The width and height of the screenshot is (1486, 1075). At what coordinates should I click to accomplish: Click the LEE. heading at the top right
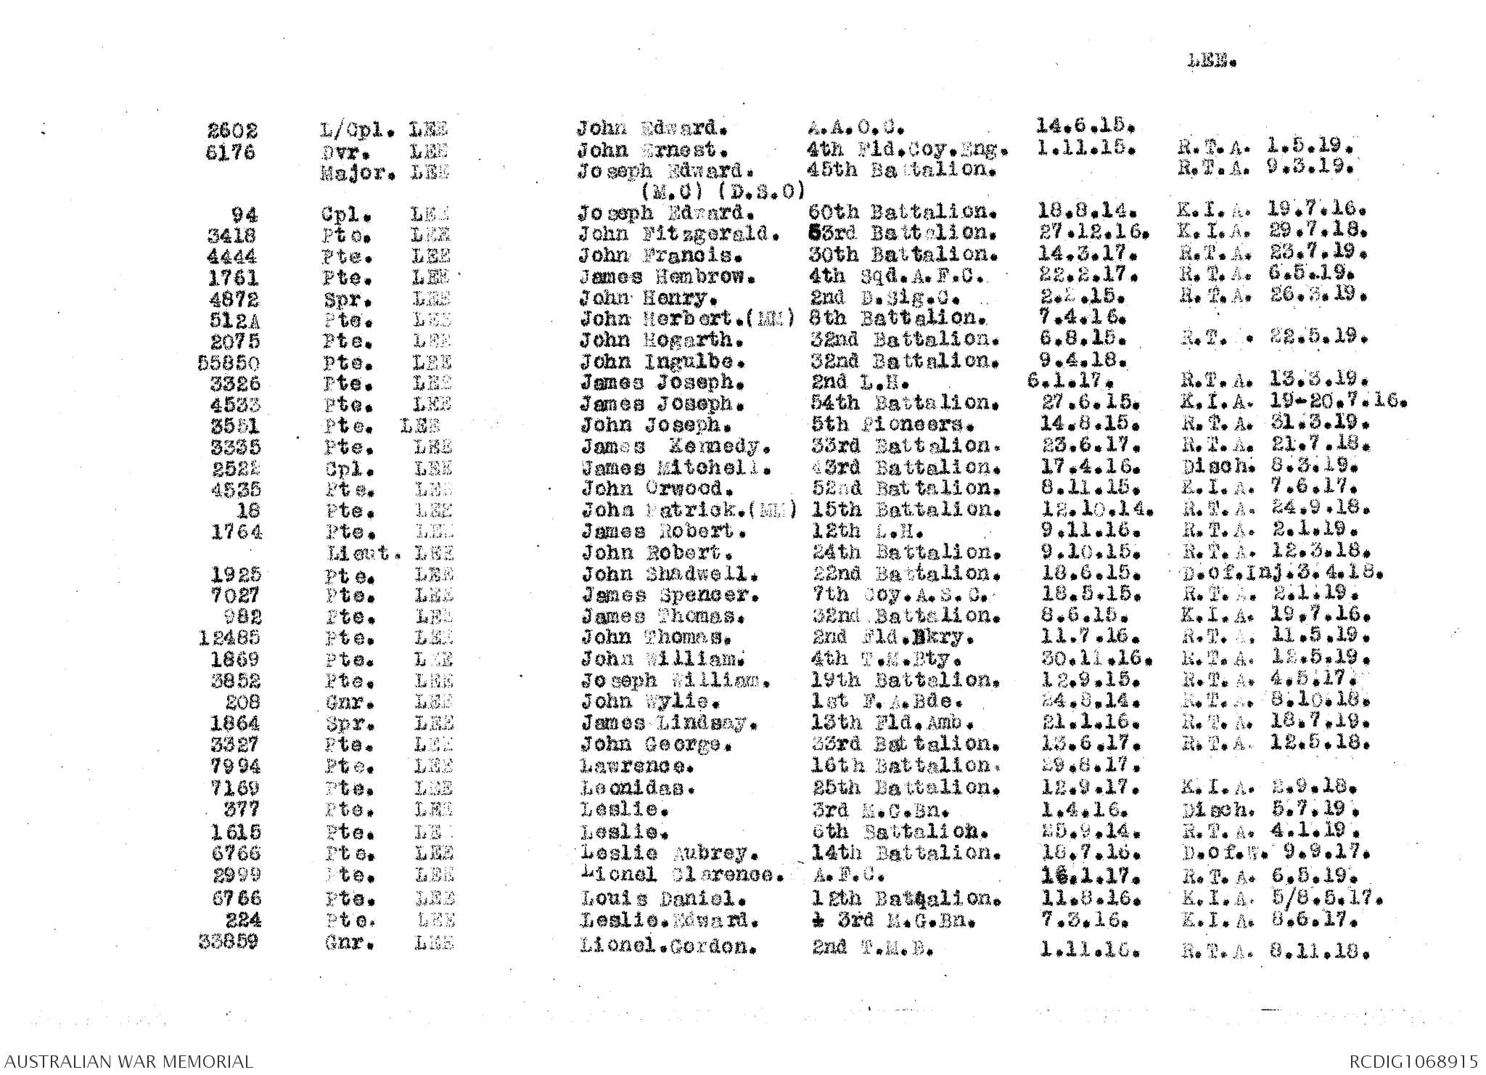pyautogui.click(x=1211, y=62)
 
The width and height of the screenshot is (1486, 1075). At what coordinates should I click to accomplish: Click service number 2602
pyautogui.click(x=231, y=131)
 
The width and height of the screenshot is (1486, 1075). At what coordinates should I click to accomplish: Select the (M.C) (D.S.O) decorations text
pyautogui.click(x=723, y=192)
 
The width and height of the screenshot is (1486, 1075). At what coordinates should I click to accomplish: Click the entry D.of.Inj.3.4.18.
pyautogui.click(x=1281, y=574)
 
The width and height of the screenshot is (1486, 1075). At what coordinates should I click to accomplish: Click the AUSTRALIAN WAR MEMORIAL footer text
pyautogui.click(x=127, y=1061)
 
